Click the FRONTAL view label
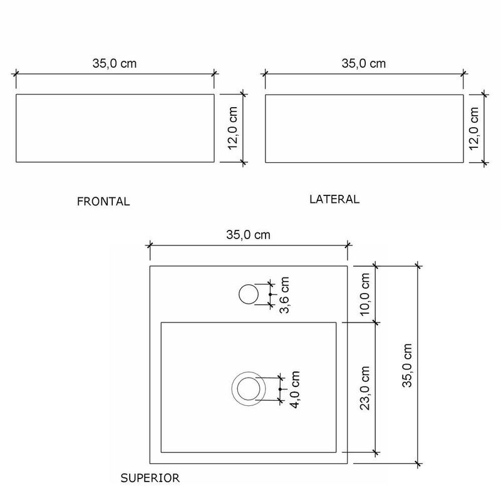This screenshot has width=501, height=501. [x=103, y=202]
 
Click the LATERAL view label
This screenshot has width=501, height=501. [x=334, y=200]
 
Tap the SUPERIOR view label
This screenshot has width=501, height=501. [x=150, y=478]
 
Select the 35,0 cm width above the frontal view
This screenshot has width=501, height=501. [x=115, y=63]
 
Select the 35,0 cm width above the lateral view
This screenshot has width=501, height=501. [x=363, y=63]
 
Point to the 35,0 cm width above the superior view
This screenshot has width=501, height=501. [x=248, y=235]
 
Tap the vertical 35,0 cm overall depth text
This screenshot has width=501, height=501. [x=407, y=366]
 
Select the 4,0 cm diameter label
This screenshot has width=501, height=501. [x=295, y=389]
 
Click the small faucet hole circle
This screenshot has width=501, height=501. [x=249, y=294]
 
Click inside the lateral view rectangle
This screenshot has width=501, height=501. [x=363, y=128]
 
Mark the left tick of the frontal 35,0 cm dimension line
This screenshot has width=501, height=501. [x=16, y=73]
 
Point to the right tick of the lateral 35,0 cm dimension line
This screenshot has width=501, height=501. [x=463, y=73]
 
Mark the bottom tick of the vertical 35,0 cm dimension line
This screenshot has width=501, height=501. [x=418, y=463]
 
